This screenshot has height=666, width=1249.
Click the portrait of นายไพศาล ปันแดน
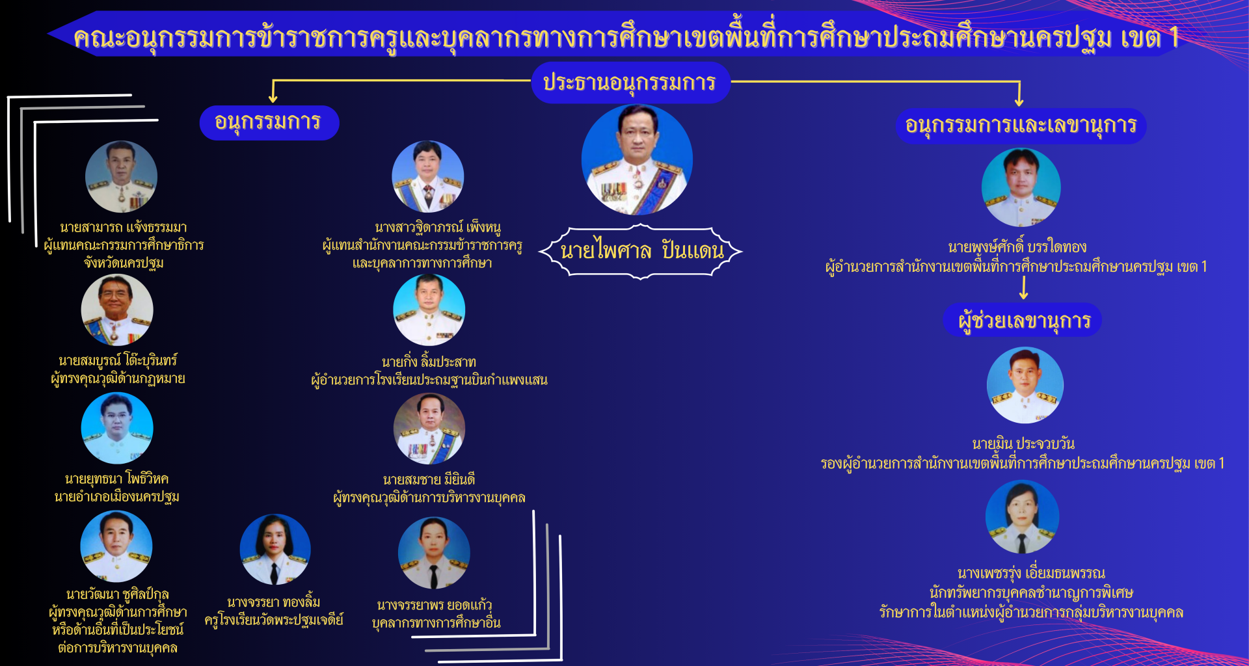point(637,160)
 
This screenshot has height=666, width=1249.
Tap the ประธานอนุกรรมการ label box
point(630,83)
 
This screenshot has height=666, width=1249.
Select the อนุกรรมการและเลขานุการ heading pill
point(1021,126)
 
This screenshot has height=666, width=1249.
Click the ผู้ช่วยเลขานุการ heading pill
point(1023,320)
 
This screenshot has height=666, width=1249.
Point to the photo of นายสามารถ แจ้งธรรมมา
point(122,177)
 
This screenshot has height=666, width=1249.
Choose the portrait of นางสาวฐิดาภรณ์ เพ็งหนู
point(428,176)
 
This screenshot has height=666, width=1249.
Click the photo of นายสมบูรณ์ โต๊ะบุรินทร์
point(117,310)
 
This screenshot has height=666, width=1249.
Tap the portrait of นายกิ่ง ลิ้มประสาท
point(429,310)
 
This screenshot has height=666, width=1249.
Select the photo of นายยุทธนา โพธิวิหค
point(117,429)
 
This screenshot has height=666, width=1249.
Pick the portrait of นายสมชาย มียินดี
point(429,429)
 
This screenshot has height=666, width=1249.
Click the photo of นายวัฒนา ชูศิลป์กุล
point(116,546)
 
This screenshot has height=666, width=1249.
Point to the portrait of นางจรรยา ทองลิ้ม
point(275,550)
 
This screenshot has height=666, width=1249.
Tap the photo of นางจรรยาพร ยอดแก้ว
point(434,553)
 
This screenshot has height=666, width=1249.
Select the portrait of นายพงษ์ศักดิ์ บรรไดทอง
point(1021,187)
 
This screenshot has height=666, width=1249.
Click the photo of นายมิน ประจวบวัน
point(1025,385)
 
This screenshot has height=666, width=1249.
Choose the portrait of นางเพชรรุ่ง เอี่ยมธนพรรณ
point(1023,517)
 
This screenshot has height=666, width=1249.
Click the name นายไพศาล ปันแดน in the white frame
point(641,251)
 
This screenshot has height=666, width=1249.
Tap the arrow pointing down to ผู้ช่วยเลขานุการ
point(1024,288)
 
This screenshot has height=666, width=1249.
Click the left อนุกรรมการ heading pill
point(269,122)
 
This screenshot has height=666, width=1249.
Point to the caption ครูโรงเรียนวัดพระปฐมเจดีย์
point(274,620)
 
